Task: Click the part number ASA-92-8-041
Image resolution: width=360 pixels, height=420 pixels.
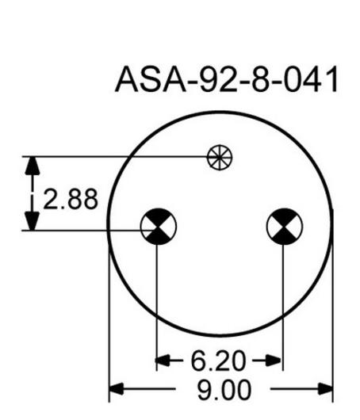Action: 227,79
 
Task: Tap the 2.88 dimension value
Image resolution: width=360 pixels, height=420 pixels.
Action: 71,199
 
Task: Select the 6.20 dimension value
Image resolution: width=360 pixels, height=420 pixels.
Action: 218,361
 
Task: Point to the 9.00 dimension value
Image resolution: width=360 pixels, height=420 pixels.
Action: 224,390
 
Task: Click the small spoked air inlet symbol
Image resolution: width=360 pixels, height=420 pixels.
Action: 220,157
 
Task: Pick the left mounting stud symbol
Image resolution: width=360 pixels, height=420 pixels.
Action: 159,227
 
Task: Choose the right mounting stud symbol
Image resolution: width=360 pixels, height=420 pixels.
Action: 285,227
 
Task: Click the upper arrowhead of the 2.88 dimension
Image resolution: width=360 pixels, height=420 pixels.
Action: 33,166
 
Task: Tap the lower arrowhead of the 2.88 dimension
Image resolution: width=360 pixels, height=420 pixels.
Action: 33,221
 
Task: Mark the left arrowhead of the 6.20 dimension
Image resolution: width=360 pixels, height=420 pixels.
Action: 163,361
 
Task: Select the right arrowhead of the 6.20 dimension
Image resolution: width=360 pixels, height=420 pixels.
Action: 274,361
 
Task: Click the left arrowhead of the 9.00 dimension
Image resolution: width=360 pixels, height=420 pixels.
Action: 117,389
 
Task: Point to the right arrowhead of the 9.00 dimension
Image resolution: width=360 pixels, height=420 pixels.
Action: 325,389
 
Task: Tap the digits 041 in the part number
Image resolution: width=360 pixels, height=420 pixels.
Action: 311,79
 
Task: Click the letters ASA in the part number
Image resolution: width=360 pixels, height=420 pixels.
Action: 151,79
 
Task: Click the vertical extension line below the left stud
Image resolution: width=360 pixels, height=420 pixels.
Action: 156,307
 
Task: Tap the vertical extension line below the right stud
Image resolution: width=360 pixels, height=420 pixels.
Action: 283,307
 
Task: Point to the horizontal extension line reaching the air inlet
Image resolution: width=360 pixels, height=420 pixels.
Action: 115,156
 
